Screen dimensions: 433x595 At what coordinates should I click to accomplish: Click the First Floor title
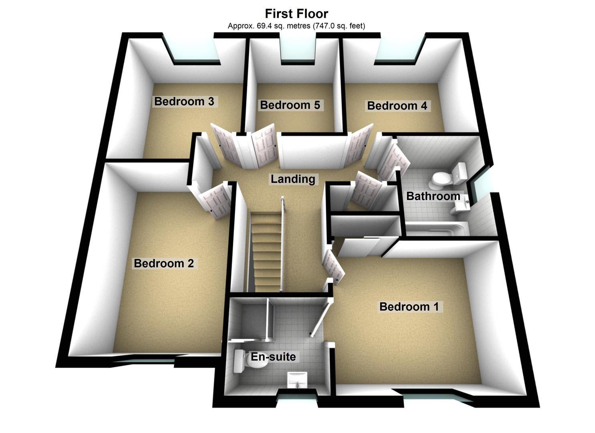pyautogui.click(x=296, y=14)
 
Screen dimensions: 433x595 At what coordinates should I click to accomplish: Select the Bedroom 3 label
pyautogui.click(x=184, y=101)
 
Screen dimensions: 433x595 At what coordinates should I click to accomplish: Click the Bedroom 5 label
pyautogui.click(x=290, y=105)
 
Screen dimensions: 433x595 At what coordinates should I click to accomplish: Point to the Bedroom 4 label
pyautogui.click(x=397, y=106)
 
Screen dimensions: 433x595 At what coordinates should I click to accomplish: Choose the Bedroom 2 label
pyautogui.click(x=164, y=263)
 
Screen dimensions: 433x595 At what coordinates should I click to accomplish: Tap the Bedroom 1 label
pyautogui.click(x=409, y=307)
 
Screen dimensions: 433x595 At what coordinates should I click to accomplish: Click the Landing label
pyautogui.click(x=293, y=179)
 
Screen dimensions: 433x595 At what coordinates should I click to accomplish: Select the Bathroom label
pyautogui.click(x=433, y=196)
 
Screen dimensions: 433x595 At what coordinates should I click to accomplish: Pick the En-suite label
pyautogui.click(x=273, y=356)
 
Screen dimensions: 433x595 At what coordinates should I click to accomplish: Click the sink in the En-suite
pyautogui.click(x=297, y=379)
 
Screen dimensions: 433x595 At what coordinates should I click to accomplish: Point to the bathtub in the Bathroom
pyautogui.click(x=437, y=229)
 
